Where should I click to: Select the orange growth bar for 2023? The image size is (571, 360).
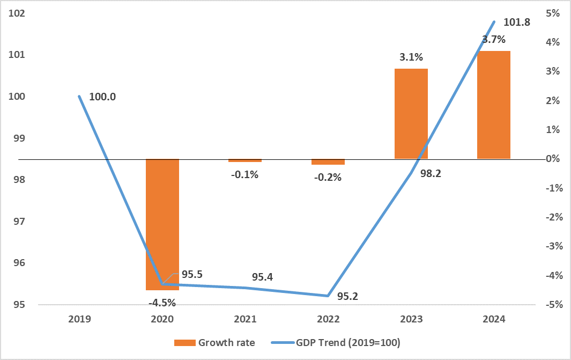coord(411,114)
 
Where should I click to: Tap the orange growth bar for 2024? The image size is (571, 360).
coord(494,105)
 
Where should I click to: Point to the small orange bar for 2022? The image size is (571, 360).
coord(328,161)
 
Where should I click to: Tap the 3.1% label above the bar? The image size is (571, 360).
coord(411,57)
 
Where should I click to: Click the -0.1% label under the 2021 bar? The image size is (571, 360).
coord(246,174)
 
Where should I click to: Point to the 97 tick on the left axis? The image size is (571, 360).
coord(19,222)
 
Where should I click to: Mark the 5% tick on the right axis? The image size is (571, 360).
coord(553,13)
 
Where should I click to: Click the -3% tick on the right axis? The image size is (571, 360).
coord(552,246)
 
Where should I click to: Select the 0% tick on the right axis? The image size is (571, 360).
coord(553,159)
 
